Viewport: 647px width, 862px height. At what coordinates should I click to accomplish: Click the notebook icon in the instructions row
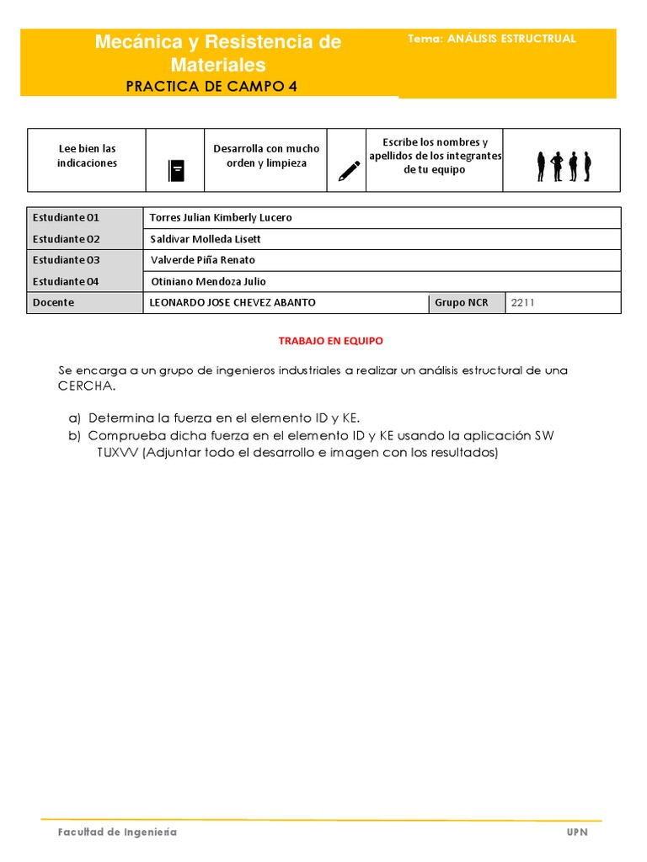click(x=175, y=170)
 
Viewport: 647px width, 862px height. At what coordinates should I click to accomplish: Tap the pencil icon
click(x=349, y=171)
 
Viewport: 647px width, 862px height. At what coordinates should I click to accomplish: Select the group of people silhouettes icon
click(x=564, y=167)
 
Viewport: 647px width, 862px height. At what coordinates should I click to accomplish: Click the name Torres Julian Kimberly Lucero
click(x=221, y=217)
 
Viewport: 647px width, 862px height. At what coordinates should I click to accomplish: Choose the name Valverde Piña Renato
click(x=202, y=260)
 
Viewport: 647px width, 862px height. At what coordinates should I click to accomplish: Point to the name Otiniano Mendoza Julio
click(x=207, y=282)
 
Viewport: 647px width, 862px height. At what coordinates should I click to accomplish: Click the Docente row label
click(x=53, y=302)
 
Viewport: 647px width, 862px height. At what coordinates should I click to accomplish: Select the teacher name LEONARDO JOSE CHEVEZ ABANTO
click(x=233, y=302)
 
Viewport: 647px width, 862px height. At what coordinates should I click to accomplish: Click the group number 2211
click(x=522, y=302)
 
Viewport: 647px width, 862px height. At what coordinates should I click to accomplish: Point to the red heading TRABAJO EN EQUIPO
click(x=330, y=341)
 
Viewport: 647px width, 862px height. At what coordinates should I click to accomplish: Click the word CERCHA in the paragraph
click(x=84, y=386)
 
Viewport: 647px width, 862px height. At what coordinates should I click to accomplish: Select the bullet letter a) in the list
click(x=73, y=418)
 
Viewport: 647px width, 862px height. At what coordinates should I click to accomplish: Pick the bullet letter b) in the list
click(x=73, y=435)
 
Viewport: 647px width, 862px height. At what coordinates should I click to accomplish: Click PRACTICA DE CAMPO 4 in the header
click(x=211, y=86)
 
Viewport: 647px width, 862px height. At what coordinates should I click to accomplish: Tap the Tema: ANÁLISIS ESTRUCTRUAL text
click(x=491, y=39)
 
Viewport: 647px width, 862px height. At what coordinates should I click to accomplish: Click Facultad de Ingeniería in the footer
click(x=117, y=832)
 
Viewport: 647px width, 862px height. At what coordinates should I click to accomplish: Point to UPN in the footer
click(x=577, y=832)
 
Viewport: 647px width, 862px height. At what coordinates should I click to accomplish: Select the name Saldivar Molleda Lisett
click(x=206, y=239)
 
